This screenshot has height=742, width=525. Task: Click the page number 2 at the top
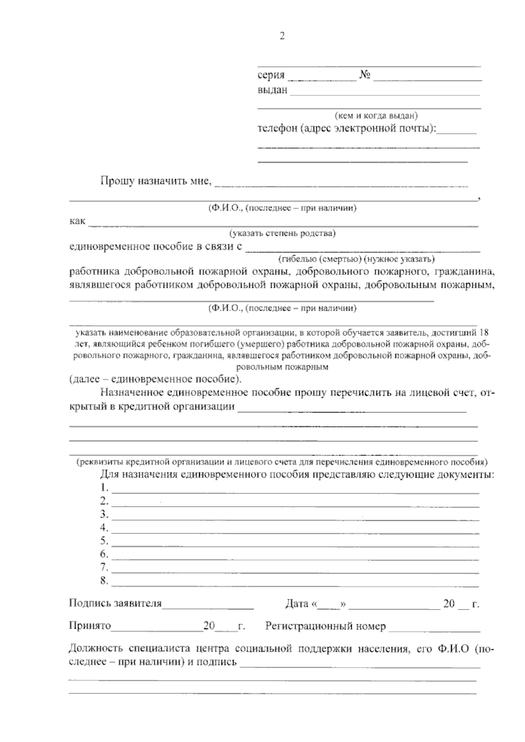pos(282,36)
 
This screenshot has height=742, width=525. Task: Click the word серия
pos(271,75)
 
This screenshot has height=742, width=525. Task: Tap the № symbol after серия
pos(365,75)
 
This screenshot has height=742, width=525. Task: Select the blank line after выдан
pos(385,92)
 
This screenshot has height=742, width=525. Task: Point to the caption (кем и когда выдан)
pos(376,116)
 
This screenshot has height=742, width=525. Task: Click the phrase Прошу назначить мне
pos(156,181)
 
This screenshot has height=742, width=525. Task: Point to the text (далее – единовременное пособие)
pos(155,378)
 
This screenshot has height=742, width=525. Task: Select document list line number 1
pos(295,490)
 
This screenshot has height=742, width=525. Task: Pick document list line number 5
pos(295,543)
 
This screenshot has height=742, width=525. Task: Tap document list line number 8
pos(295,583)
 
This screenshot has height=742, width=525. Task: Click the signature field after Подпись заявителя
pos(208,606)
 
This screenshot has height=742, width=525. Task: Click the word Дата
pos(297,604)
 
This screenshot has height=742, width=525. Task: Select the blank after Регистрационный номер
pos(434,629)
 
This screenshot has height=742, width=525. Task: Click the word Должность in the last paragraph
pos(96,649)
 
